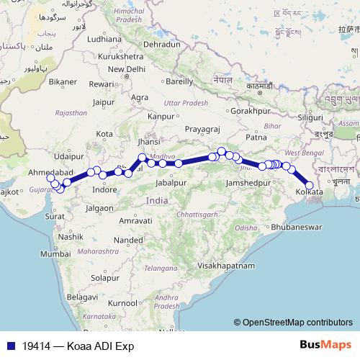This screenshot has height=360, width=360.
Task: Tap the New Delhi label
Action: [126, 68]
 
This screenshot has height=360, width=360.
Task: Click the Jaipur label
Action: [105, 102]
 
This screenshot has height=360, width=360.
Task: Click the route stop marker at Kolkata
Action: [310, 185]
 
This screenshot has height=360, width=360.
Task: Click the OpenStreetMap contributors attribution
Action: [294, 323]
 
